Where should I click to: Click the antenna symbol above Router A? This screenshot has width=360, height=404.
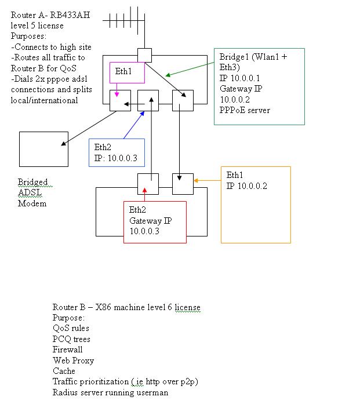click(144, 20)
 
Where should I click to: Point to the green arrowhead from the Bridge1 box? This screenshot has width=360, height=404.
click(168, 75)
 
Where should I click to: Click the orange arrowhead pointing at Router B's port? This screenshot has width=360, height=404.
click(195, 181)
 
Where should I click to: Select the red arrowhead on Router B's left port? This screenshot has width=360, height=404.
click(144, 190)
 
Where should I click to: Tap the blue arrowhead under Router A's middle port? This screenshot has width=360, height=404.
click(142, 114)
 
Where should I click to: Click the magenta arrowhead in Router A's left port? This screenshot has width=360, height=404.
click(117, 94)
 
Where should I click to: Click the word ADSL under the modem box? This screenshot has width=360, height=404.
click(30, 192)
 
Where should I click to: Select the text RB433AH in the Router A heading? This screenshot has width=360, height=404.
click(70, 15)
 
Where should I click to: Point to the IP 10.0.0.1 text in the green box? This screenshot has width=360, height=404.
click(239, 78)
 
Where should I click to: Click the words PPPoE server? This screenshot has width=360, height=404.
click(245, 110)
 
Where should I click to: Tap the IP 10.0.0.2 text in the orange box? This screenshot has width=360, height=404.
click(246, 185)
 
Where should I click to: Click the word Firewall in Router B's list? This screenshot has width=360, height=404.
click(67, 350)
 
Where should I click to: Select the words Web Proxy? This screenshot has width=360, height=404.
click(73, 361)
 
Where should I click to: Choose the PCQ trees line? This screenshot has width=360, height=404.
click(71, 339)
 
